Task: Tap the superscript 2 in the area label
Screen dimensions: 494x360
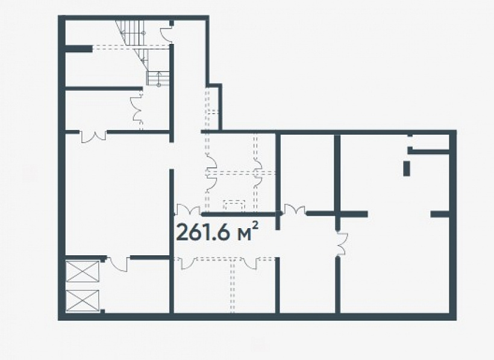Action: [255, 226]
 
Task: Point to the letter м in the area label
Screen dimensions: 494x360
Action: [244, 235]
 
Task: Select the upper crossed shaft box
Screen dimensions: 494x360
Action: [83, 271]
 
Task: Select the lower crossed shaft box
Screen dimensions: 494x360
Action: [83, 300]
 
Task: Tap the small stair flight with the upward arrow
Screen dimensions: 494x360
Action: [158, 78]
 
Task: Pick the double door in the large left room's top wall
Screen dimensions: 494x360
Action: [93, 136]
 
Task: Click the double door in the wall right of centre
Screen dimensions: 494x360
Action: [295, 209]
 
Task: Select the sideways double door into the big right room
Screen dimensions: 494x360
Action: [342, 243]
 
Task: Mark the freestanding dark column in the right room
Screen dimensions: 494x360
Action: [407, 168]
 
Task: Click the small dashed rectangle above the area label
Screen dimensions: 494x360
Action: [234, 205]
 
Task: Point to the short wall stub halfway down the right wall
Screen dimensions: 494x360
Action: [440, 214]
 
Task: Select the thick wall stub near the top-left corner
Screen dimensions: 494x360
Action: [79, 49]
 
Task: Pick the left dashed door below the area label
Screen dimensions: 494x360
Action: [188, 262]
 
